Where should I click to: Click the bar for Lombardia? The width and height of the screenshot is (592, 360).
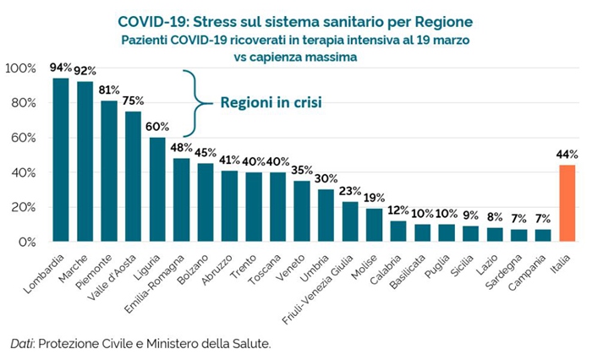tap(60, 161)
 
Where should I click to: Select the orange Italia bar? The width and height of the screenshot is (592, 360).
tap(567, 204)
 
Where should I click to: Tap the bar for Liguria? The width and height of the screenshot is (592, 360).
tap(157, 189)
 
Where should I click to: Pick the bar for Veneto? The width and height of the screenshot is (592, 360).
tap(302, 211)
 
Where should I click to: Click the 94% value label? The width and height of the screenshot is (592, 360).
tap(61, 68)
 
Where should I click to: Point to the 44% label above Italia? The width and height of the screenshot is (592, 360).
tap(567, 154)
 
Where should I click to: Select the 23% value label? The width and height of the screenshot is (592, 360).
tap(350, 191)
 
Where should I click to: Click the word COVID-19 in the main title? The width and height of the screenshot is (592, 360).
tap(153, 21)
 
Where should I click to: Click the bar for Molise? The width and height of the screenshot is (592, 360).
tap(375, 225)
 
